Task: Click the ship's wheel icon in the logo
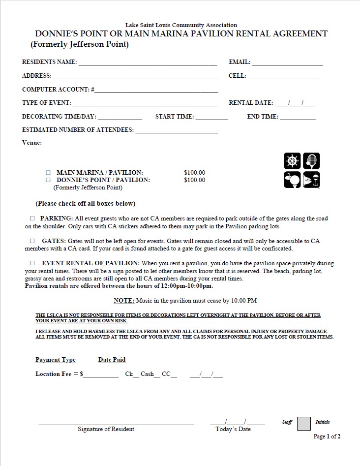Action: tap(292, 161)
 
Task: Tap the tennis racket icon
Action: tap(311, 161)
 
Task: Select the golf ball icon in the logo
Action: tap(292, 180)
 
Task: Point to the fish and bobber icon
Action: tap(311, 180)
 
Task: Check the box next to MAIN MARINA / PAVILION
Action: tap(48, 173)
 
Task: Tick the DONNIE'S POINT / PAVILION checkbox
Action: tap(48, 180)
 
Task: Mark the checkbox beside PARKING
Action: tap(32, 218)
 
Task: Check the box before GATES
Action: tap(32, 241)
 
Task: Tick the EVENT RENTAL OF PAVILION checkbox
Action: tap(32, 263)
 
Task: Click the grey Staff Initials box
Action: tap(304, 424)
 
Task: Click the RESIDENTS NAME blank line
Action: tap(148, 63)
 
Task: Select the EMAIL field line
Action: tap(287, 63)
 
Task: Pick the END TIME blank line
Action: tap(298, 118)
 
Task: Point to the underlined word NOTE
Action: tap(124, 300)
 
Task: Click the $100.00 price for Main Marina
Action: tap(194, 173)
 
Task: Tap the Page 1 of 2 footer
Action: tap(327, 436)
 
